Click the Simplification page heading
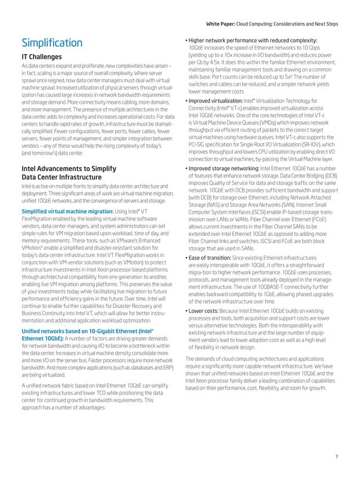click(51, 43)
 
